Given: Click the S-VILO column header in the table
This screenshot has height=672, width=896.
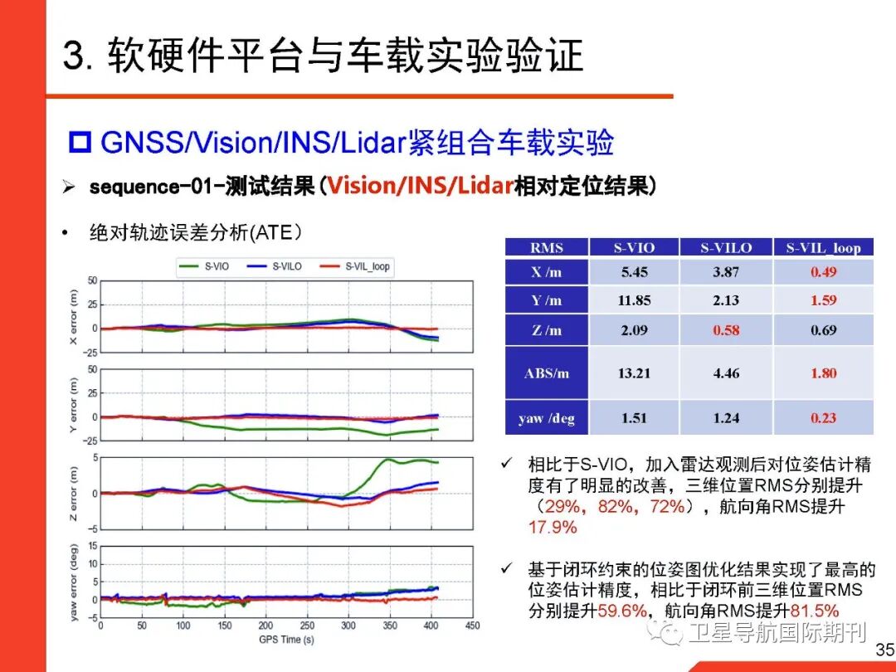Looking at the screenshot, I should (726, 247).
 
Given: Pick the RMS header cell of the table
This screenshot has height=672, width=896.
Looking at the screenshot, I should (546, 247).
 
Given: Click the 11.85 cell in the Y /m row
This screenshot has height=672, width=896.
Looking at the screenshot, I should (634, 300).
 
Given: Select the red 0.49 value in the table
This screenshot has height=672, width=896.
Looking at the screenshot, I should (823, 272).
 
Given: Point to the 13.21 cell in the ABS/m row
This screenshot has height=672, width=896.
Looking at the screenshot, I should (634, 373).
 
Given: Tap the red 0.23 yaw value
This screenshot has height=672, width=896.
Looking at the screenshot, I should (823, 418).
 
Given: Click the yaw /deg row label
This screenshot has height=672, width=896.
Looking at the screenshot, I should (546, 418).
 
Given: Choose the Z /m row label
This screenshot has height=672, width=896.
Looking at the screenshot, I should (546, 330).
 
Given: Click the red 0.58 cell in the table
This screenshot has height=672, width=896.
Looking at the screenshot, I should (726, 330).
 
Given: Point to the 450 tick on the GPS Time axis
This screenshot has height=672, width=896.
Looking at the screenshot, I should (472, 626).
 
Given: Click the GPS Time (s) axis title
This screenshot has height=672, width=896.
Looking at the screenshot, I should (285, 640).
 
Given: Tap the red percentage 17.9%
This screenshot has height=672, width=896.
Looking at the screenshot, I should (552, 527).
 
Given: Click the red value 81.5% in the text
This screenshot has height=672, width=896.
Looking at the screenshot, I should (816, 611).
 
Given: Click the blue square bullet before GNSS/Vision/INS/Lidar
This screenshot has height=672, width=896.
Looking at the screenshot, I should (80, 143).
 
